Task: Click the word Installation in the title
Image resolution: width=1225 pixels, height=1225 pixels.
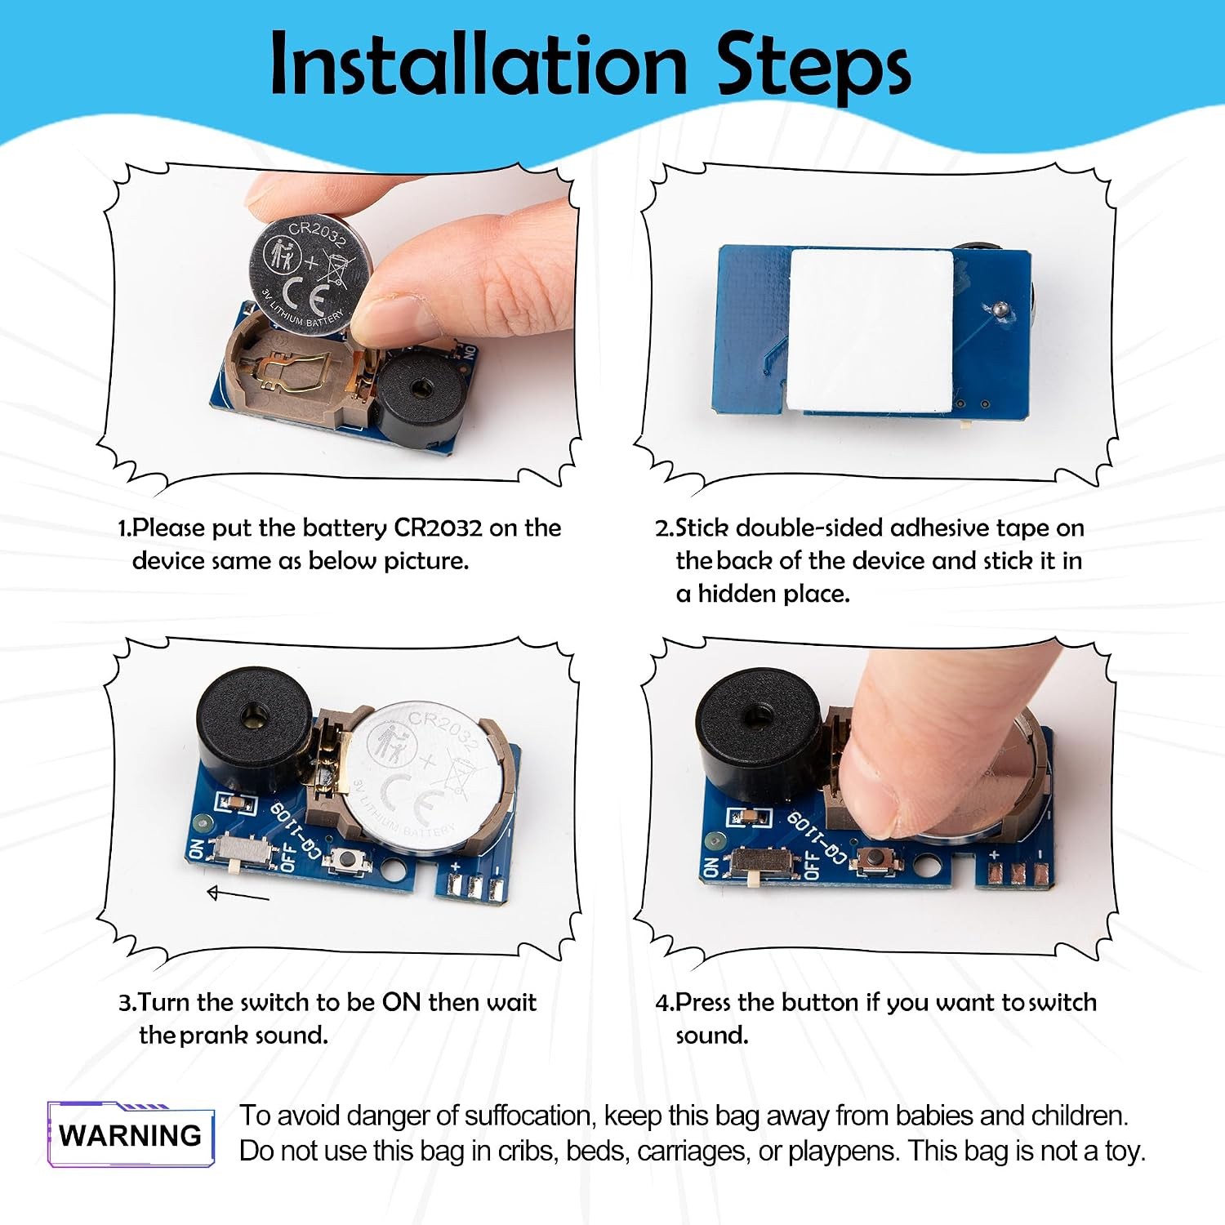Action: [x=479, y=65]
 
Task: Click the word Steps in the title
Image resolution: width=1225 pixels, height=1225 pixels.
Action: [x=813, y=69]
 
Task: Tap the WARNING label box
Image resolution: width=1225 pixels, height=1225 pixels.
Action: [x=131, y=1134]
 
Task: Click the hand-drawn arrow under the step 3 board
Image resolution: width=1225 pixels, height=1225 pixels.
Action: [x=238, y=894]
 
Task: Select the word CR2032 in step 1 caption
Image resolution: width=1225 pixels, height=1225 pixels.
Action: [x=439, y=528]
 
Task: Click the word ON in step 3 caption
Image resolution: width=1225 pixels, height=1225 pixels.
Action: [x=402, y=1002]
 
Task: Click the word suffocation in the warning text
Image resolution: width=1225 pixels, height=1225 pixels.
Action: [x=532, y=1116]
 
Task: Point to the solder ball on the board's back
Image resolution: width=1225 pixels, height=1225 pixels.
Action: [x=998, y=309]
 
